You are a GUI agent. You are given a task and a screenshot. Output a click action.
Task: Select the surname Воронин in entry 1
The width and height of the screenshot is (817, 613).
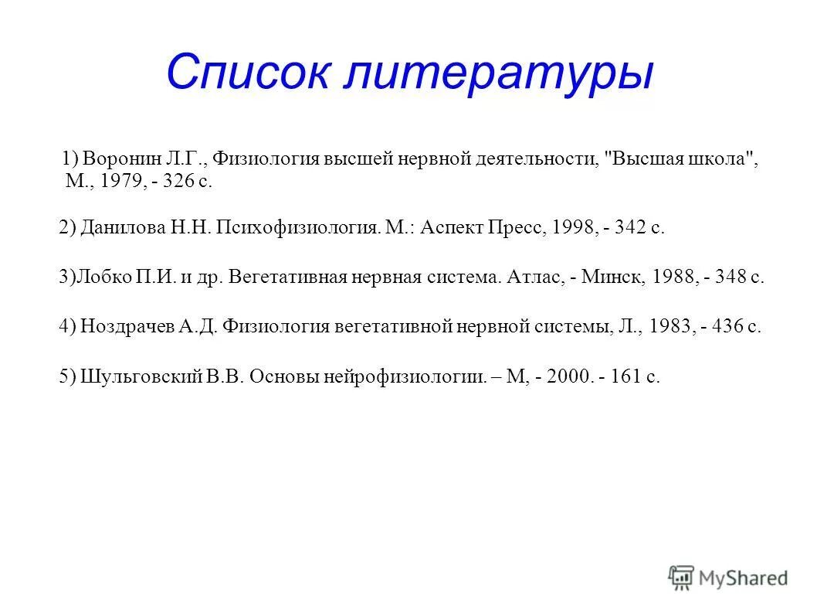tap(122, 158)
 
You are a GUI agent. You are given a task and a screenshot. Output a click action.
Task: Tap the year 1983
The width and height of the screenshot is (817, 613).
tap(670, 327)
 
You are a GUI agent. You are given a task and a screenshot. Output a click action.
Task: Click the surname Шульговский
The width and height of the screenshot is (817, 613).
tap(141, 378)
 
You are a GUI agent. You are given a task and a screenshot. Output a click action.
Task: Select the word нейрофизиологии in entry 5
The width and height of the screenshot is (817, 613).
tap(408, 378)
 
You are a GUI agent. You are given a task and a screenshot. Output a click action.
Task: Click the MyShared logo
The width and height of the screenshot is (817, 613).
tap(728, 577)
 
